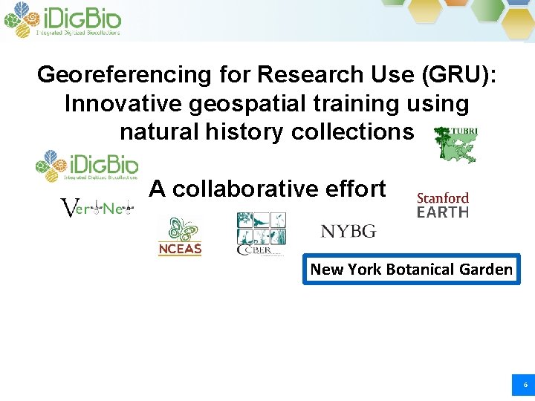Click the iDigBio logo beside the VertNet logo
[x=87, y=166]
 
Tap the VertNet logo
[x=97, y=209]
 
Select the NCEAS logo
[x=180, y=237]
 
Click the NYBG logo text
[x=348, y=231]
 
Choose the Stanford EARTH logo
[x=443, y=205]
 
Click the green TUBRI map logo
[x=455, y=144]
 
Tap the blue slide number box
[x=525, y=385]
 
